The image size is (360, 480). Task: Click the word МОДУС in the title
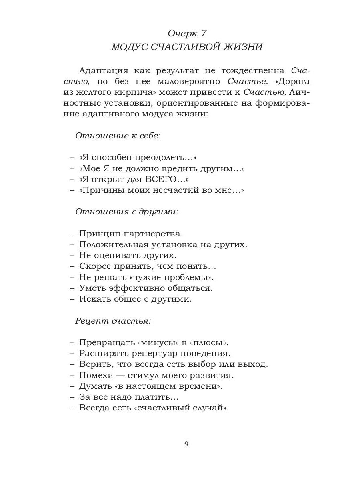click(x=129, y=47)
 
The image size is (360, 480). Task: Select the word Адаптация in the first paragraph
click(x=104, y=71)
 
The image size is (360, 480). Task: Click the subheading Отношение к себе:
click(x=118, y=135)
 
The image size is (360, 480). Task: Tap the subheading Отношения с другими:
click(x=127, y=212)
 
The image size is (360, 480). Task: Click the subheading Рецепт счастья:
click(x=113, y=321)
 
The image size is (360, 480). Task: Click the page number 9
click(x=186, y=444)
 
